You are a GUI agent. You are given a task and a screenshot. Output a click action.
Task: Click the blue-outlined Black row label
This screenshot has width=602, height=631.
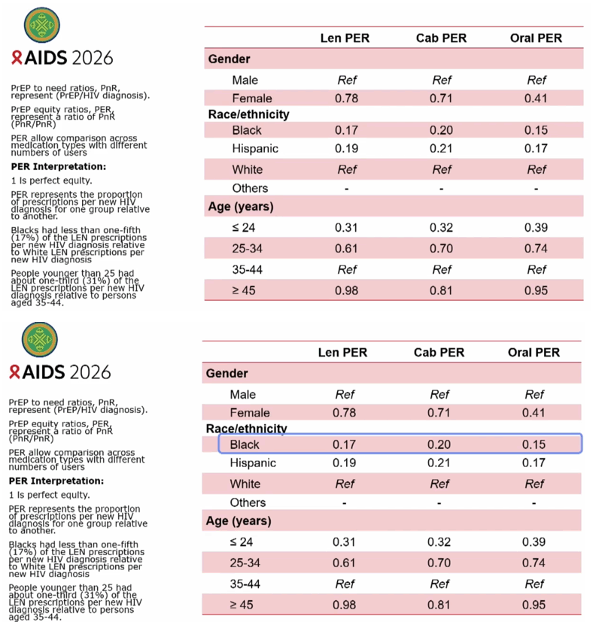[x=245, y=444]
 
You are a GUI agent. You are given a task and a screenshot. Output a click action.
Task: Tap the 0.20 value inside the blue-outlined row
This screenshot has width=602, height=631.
[x=439, y=444]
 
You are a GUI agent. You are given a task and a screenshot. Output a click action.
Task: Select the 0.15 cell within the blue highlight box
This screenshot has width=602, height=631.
[x=534, y=444]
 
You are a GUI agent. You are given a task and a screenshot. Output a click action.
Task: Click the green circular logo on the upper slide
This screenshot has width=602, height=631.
[x=42, y=25]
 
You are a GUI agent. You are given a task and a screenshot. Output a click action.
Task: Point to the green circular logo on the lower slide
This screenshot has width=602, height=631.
[x=39, y=339]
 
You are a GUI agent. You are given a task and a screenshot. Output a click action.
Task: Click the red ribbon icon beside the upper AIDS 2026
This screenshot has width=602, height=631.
[x=17, y=58]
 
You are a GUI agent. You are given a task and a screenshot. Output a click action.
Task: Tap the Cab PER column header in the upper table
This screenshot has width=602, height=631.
[x=441, y=38]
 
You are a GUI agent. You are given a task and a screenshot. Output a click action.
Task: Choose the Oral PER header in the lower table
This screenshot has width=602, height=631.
[x=534, y=352]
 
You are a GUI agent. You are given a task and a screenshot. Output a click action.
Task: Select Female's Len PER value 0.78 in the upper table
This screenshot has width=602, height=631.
[x=346, y=99]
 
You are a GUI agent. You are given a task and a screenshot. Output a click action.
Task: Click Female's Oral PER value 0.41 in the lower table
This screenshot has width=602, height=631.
[x=534, y=412]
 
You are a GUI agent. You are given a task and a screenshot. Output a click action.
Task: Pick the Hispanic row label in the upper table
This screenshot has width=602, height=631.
[x=255, y=148]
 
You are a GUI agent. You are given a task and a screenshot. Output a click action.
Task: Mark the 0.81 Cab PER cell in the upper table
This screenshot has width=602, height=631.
[x=441, y=290]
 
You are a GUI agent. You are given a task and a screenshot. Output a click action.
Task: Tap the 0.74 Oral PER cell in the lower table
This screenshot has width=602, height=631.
[x=534, y=563]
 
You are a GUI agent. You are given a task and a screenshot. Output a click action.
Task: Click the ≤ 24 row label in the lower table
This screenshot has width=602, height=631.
[x=242, y=542]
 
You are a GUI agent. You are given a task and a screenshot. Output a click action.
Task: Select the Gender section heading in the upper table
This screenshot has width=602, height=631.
[x=229, y=59]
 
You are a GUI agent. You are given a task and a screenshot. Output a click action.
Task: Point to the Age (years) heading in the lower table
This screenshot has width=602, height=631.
[x=239, y=520]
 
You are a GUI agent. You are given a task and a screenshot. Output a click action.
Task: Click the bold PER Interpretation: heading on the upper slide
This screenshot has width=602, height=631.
[x=59, y=166]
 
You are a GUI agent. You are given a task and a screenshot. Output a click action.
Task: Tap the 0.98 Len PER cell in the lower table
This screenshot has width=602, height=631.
[x=344, y=605]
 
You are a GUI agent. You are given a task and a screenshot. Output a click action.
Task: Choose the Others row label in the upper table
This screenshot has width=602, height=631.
[x=250, y=188]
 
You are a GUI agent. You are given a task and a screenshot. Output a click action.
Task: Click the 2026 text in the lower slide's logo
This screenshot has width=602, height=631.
[x=90, y=372]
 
